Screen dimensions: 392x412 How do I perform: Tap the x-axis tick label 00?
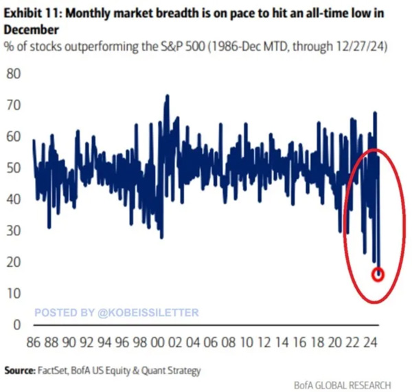156,342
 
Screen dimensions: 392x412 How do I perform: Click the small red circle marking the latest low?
378,274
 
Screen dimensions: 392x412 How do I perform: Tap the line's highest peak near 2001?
166,96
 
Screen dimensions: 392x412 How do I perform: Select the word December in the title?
32,31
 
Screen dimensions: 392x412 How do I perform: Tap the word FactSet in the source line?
57,371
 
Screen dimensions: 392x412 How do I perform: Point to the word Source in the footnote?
18,371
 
